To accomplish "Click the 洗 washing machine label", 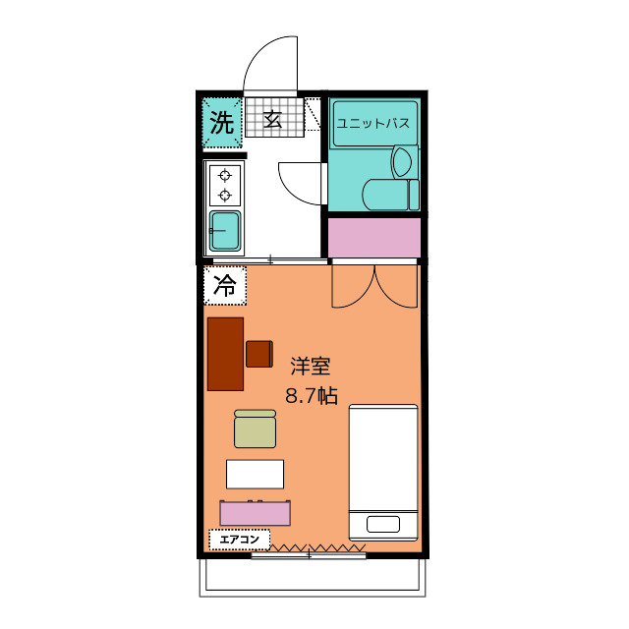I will tap(222, 124).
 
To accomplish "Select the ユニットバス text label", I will tap(372, 124).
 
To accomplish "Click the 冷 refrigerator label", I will tap(225, 287).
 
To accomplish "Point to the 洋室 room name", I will tap(310, 368).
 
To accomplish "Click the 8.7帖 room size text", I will tap(311, 396).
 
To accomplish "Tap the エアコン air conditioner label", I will tap(239, 539).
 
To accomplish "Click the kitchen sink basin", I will tap(225, 230).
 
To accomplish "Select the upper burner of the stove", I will tap(225, 176).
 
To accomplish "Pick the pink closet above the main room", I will tap(373, 237).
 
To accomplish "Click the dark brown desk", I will tap(225, 354).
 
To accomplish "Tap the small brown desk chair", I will tap(259, 353).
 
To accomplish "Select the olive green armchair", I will tap(255, 429).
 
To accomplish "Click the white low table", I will tap(255, 474).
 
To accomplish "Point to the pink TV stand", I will tap(256, 513).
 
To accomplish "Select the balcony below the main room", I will tap(313, 577).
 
